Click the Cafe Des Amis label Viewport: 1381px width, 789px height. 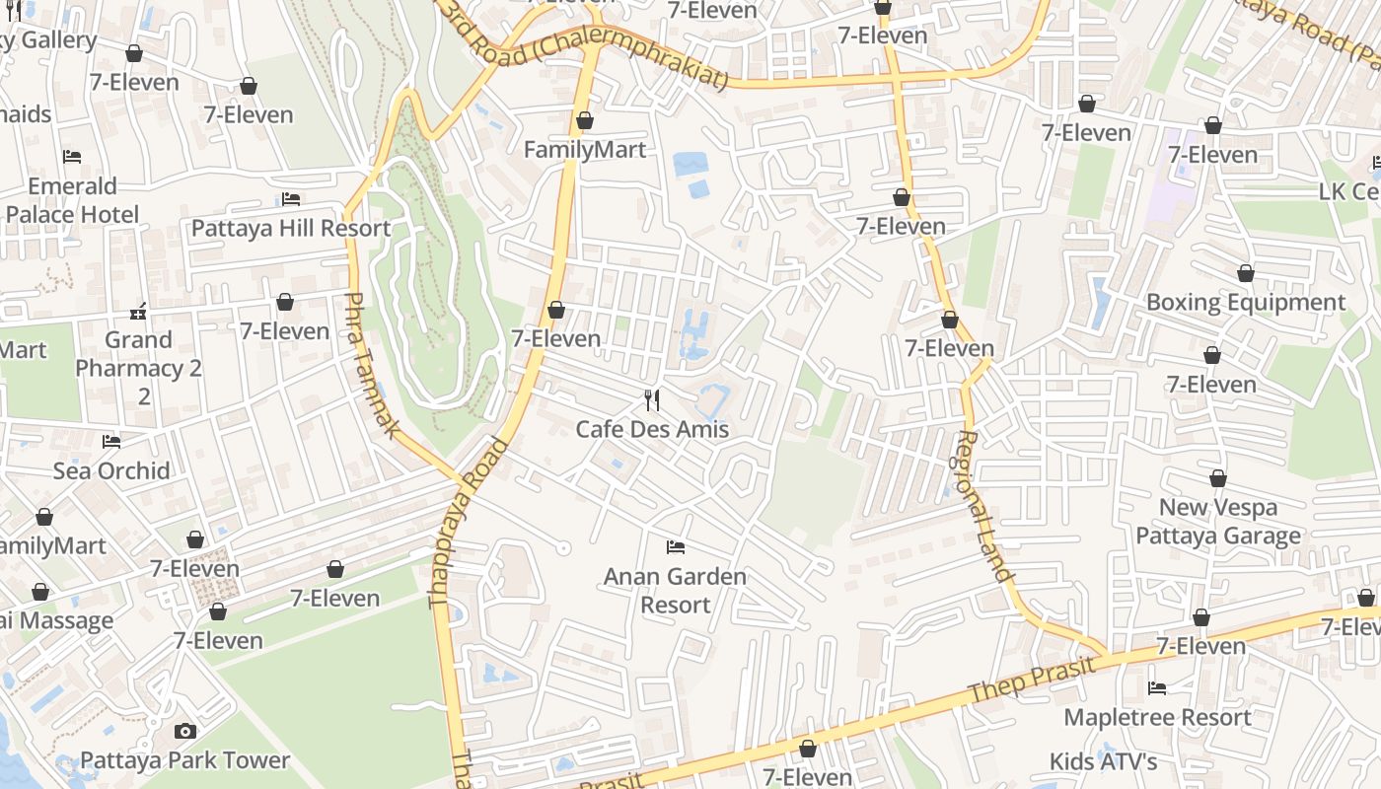652,429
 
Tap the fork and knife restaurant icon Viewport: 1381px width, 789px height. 651,399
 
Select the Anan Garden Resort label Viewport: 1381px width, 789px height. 676,590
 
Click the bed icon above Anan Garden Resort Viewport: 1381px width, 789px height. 676,546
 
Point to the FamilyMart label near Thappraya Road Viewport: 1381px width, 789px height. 585,150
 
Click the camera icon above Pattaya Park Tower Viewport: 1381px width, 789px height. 184,731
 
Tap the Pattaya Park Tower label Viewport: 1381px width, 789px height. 185,760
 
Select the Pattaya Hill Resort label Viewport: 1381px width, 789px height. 291,228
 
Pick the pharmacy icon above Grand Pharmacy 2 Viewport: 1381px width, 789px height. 138,312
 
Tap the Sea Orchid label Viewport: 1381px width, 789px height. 111,470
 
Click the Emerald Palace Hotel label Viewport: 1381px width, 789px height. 72,200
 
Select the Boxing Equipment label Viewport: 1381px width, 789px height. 1245,302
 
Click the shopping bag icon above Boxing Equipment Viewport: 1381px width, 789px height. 1246,273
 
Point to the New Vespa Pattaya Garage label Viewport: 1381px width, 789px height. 1218,522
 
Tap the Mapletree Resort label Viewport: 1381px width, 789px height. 1157,717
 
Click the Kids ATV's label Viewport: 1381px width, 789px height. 1103,761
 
